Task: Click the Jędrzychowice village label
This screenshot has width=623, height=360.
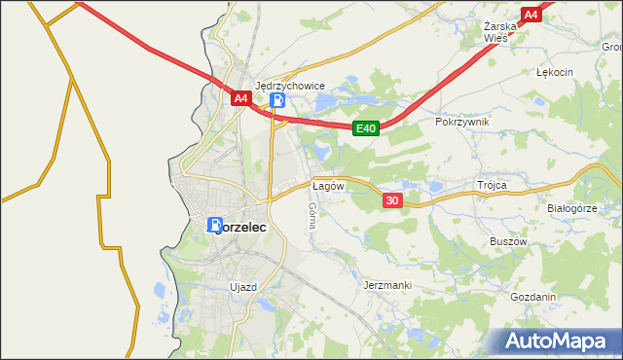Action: [x=289, y=86]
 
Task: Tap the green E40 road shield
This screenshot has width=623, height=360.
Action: [x=365, y=127]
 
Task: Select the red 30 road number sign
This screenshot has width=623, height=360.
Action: [x=392, y=199]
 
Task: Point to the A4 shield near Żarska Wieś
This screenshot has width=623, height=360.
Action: [x=531, y=15]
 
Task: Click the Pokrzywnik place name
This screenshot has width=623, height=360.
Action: [x=462, y=122]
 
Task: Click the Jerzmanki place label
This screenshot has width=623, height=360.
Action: [x=387, y=285]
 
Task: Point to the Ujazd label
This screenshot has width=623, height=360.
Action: [x=242, y=287]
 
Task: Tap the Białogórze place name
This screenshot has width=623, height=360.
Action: [x=571, y=208]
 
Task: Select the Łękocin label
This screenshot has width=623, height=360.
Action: [x=555, y=72]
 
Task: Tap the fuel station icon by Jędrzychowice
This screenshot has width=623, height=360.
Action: [x=278, y=100]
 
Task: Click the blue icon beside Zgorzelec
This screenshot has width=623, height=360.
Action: [x=214, y=224]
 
